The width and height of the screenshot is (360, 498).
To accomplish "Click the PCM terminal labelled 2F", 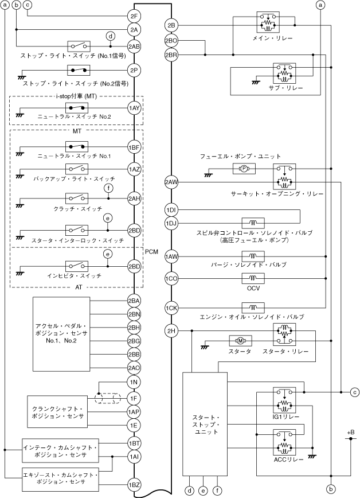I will point(135,15).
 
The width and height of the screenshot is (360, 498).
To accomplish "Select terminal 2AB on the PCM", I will point(135,46).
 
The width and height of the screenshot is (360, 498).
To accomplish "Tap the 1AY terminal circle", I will point(135,107).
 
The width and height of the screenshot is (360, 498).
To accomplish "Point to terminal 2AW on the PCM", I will point(171,182).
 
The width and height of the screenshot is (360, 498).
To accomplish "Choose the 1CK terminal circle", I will point(171,308).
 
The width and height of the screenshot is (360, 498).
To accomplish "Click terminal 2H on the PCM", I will point(171,331).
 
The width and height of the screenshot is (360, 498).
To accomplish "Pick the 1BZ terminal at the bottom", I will point(135,487).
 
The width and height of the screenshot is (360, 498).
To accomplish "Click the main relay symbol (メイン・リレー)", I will point(268,24).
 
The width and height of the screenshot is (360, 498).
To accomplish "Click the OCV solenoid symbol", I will point(253,279).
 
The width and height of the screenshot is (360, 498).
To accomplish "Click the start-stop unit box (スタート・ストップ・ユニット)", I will point(204,424).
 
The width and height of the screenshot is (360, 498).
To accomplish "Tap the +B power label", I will point(351,432).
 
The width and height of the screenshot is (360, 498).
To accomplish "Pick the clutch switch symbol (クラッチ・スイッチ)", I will point(77,197).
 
